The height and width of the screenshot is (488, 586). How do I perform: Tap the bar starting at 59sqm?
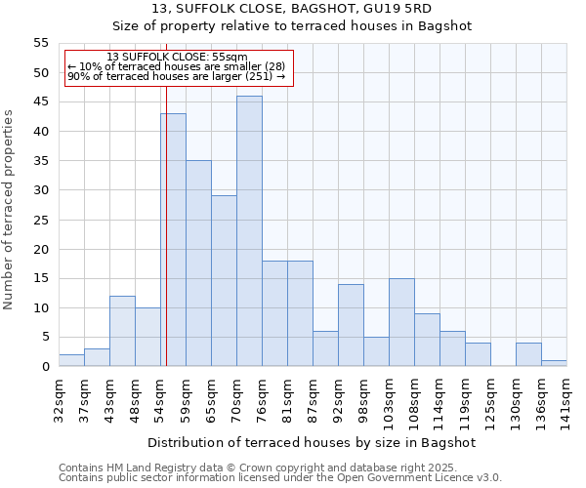(x=198, y=264)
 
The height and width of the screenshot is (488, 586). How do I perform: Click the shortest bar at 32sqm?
(x=71, y=361)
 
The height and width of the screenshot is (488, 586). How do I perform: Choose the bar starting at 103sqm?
(x=401, y=322)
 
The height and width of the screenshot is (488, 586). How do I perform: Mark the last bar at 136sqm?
(x=554, y=364)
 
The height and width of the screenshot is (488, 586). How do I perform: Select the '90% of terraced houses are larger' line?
(x=177, y=76)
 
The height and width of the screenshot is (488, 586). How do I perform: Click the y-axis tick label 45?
(x=41, y=102)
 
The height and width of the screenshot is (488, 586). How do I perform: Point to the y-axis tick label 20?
(x=41, y=249)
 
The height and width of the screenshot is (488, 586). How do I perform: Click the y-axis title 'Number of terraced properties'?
(x=10, y=210)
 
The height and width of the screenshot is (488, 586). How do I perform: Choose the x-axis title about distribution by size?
(x=313, y=442)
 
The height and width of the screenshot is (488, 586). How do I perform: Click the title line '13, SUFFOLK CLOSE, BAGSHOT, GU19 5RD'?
(x=292, y=9)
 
